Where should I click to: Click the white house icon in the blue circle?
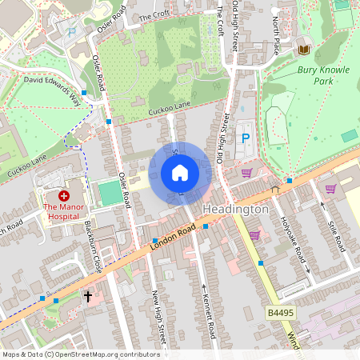(180, 172)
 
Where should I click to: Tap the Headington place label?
(235, 209)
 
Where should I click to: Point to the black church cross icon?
(88, 297)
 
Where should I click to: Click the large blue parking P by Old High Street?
(246, 139)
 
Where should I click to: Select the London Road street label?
(172, 239)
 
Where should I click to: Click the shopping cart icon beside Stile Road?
(330, 188)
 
